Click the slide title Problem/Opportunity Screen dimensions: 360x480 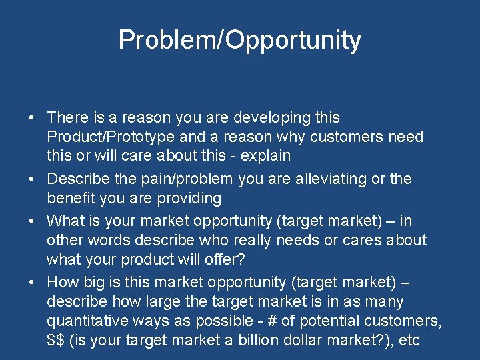click(x=239, y=40)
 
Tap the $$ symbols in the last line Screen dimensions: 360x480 click(x=56, y=340)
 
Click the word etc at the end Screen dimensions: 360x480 click(x=409, y=340)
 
